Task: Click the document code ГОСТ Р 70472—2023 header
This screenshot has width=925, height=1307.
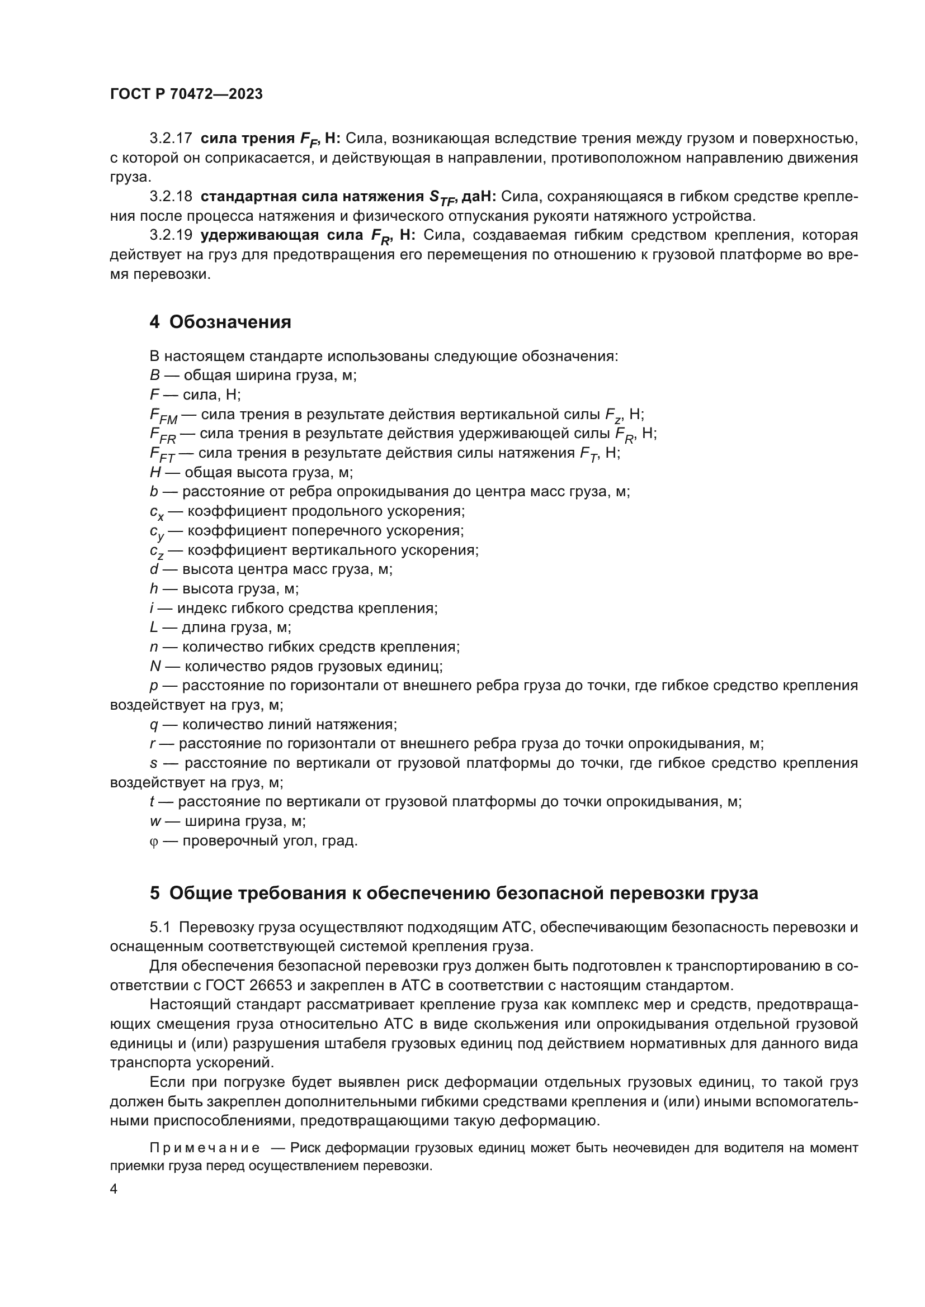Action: tap(186, 94)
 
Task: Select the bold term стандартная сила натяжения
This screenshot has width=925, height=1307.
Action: tap(312, 196)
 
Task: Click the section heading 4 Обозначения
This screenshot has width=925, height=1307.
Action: tap(220, 322)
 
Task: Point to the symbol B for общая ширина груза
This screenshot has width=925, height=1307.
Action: tap(154, 376)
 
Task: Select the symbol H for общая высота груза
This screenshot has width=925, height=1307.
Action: tap(155, 473)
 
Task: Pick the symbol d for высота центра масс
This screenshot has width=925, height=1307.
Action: tap(154, 569)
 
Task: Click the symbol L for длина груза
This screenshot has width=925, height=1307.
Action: tap(154, 628)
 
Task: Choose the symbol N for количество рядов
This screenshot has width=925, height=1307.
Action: tap(155, 666)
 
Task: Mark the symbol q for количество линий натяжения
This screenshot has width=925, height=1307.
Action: tap(154, 725)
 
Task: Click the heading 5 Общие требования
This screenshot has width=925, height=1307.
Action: tap(454, 893)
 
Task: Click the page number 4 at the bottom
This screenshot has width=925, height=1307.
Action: tap(114, 1189)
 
